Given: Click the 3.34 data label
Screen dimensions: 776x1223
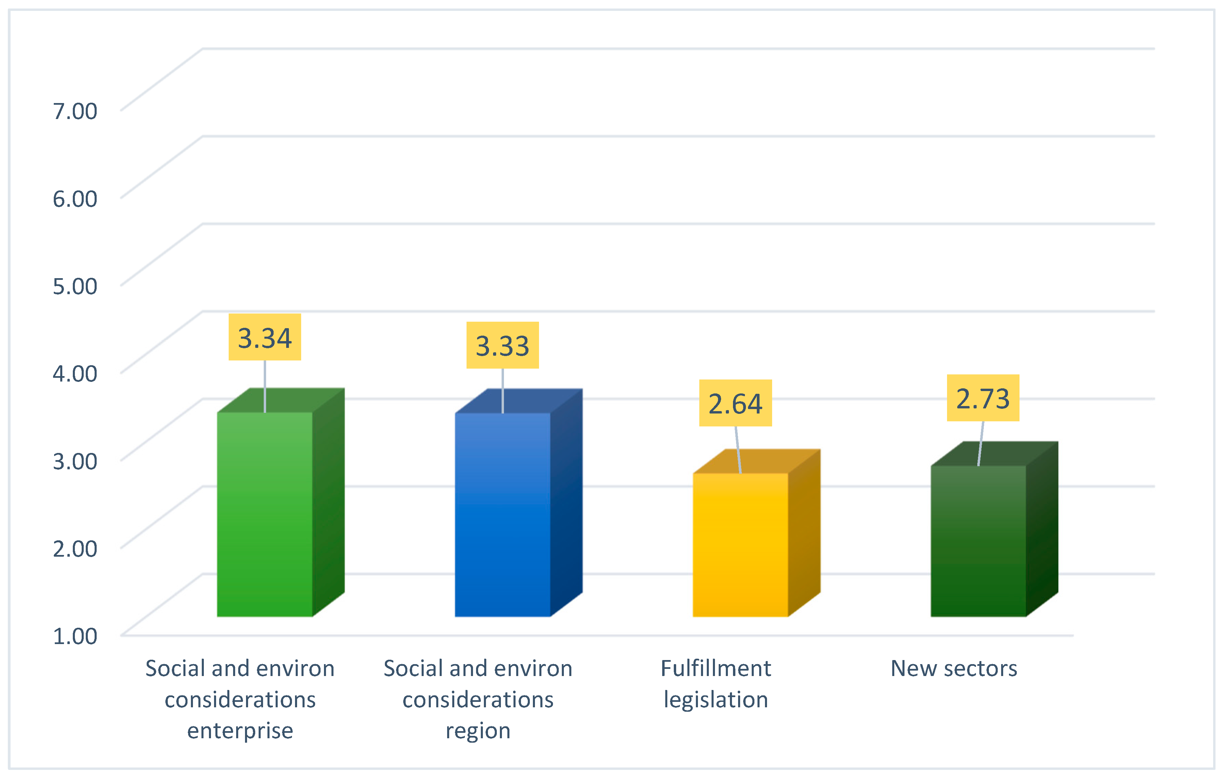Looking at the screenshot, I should tap(265, 337).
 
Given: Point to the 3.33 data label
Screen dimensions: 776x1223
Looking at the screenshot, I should tap(502, 345).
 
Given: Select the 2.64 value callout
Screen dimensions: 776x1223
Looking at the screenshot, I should tap(735, 404).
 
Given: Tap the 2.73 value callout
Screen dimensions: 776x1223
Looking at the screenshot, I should tap(982, 399).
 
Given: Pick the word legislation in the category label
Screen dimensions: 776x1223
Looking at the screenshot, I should tap(716, 700).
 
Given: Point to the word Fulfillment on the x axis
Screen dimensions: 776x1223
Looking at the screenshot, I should tap(716, 669).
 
